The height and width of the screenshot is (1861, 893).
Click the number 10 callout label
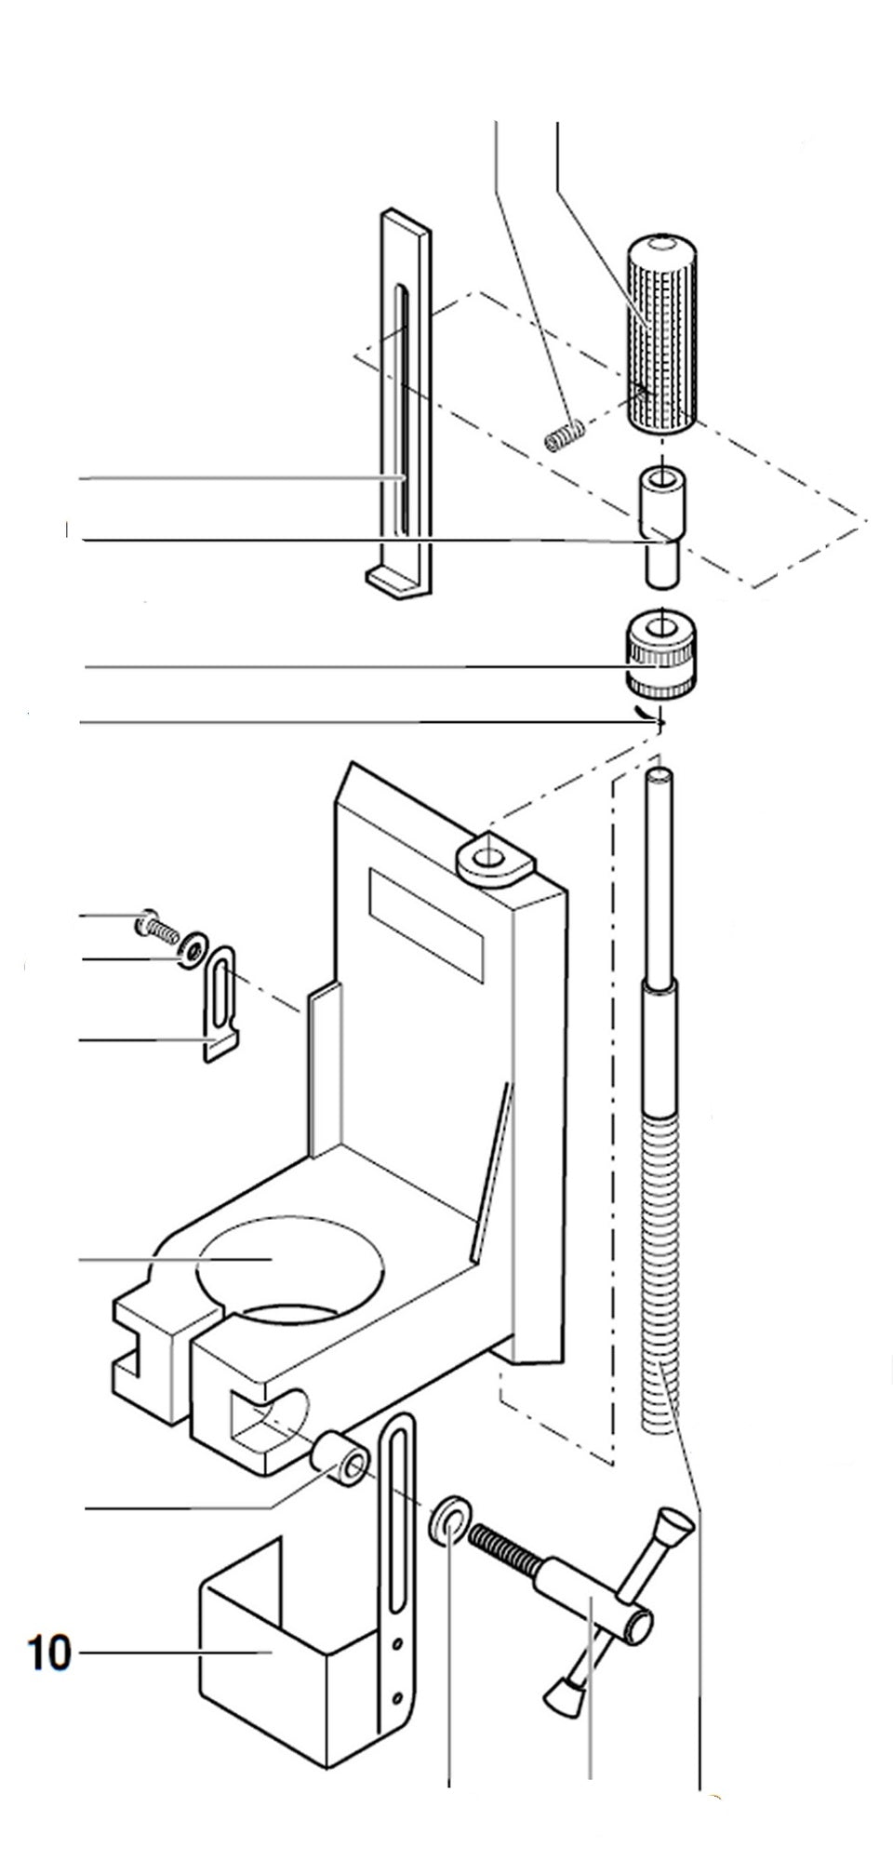click(49, 1653)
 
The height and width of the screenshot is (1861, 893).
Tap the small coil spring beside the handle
click(565, 435)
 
